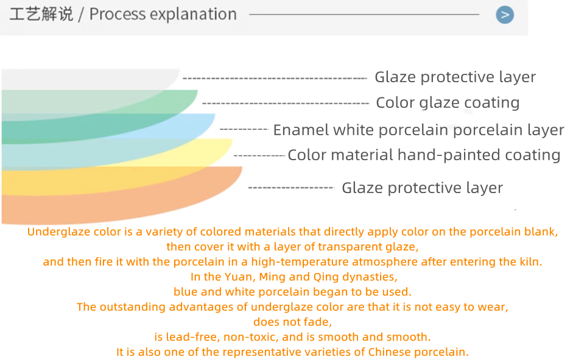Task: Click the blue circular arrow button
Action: click(505, 15)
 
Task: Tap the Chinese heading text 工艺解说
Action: click(41, 14)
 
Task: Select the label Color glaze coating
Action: click(448, 103)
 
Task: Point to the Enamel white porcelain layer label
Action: click(418, 130)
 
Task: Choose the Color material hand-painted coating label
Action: click(424, 155)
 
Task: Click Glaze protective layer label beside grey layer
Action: click(455, 77)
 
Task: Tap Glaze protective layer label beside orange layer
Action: click(423, 188)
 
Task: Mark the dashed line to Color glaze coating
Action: click(286, 104)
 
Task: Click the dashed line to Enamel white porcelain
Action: click(244, 129)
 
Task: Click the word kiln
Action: click(531, 262)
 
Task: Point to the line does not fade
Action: click(293, 322)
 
